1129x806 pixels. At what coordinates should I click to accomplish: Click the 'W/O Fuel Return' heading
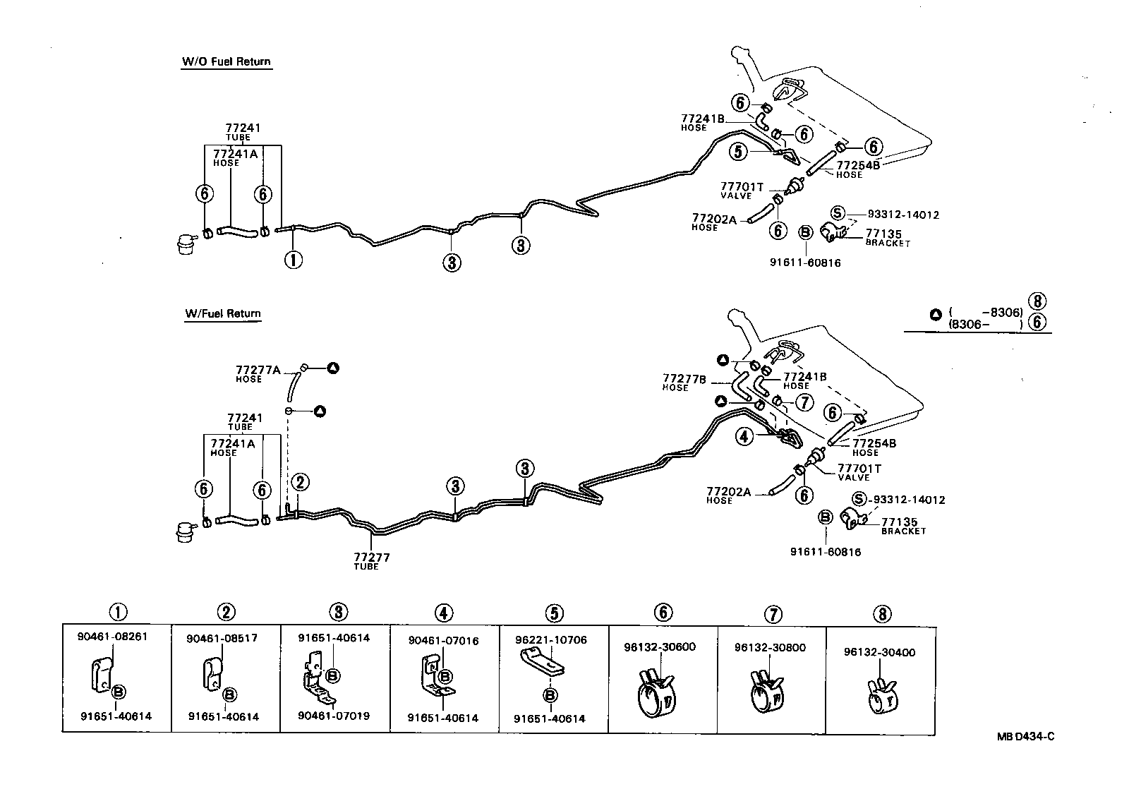[x=226, y=61]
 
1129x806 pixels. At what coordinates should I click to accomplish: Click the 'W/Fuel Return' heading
[x=223, y=313]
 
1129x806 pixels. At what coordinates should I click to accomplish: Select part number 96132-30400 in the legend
[x=879, y=652]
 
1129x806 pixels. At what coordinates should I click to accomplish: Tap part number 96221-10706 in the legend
[x=550, y=640]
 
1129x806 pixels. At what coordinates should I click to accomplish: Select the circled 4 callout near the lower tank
[x=744, y=437]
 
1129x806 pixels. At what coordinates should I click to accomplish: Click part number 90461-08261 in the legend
[x=112, y=636]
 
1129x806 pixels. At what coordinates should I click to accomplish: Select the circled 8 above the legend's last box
[x=881, y=613]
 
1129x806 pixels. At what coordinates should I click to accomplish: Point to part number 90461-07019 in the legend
[x=333, y=716]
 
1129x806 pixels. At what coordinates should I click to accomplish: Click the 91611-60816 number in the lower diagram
[x=825, y=552]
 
